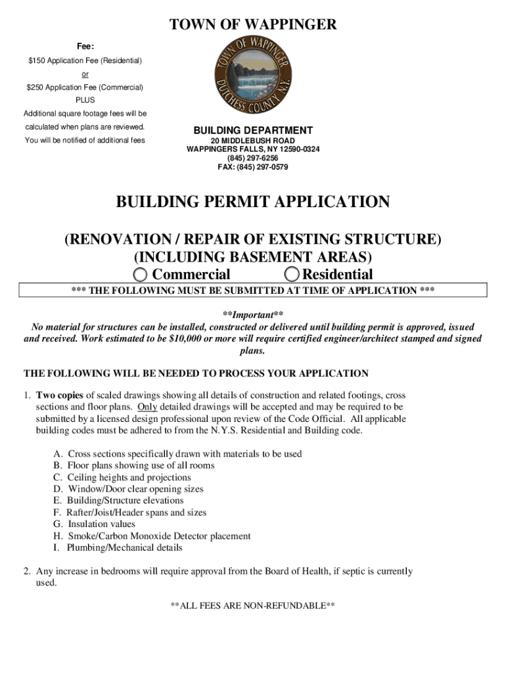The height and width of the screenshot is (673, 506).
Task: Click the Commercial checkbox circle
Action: (141, 275)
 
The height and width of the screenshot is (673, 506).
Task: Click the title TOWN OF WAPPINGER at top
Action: (253, 25)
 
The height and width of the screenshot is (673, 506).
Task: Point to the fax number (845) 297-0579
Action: (253, 167)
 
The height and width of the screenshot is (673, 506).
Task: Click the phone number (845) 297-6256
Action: (253, 158)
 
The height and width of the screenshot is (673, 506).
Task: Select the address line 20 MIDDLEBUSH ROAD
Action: (253, 141)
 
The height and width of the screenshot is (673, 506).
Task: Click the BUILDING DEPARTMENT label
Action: (253, 130)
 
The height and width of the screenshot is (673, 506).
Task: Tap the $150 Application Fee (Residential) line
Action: (85, 60)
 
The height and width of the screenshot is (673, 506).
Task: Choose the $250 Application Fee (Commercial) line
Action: (85, 87)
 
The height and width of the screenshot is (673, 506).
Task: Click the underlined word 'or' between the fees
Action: (85, 74)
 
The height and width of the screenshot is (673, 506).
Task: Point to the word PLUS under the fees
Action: (85, 100)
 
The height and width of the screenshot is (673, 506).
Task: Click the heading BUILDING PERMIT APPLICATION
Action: (253, 202)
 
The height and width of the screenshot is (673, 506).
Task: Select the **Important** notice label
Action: (253, 315)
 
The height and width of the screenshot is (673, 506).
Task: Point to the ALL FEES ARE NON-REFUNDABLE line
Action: (253, 605)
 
